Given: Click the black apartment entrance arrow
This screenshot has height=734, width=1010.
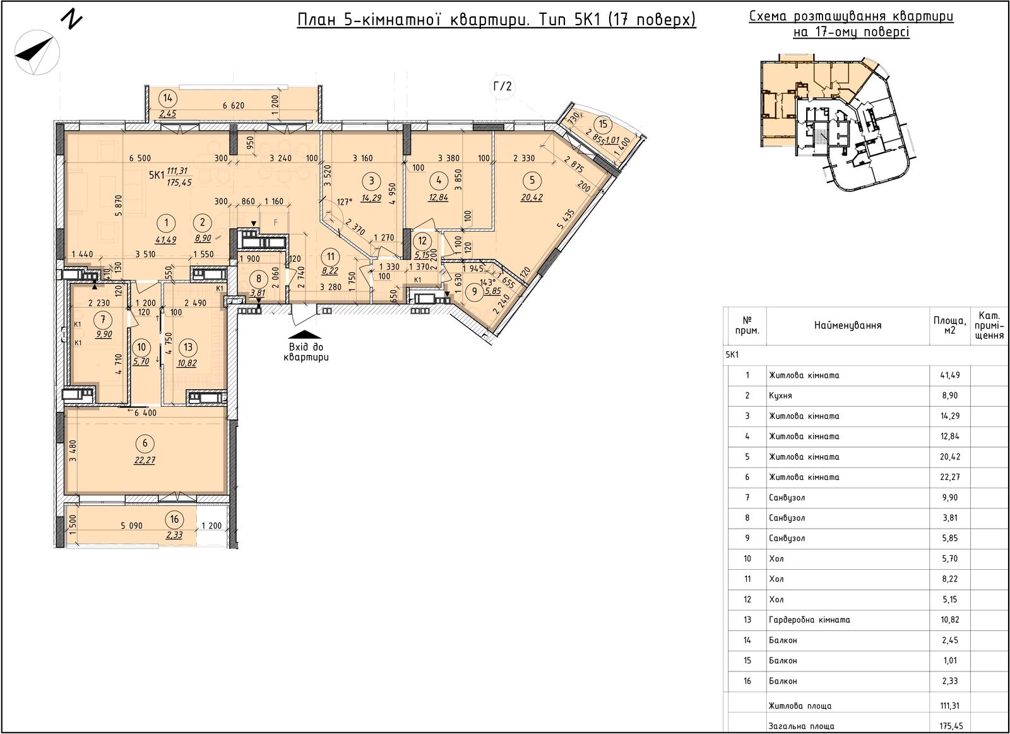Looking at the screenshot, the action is pyautogui.click(x=305, y=334).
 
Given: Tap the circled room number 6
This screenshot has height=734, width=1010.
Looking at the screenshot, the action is pyautogui.click(x=145, y=443).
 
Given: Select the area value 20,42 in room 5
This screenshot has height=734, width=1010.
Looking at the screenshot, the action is pyautogui.click(x=532, y=198).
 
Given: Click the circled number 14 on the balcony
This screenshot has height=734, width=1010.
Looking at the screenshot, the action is pyautogui.click(x=168, y=98).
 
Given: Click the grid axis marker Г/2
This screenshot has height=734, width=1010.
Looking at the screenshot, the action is pyautogui.click(x=502, y=86).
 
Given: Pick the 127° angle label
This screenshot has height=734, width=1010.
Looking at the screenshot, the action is pyautogui.click(x=345, y=202).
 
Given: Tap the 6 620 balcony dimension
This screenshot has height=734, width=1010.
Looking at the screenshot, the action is pyautogui.click(x=234, y=105).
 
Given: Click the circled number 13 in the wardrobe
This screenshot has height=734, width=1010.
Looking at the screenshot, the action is pyautogui.click(x=188, y=347).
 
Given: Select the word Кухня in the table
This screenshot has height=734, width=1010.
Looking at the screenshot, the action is pyautogui.click(x=780, y=395).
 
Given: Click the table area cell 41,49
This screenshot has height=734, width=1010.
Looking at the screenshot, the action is pyautogui.click(x=949, y=375).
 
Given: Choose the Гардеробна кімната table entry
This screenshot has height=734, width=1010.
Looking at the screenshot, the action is pyautogui.click(x=809, y=620).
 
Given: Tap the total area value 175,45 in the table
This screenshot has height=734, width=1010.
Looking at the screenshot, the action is pyautogui.click(x=949, y=726).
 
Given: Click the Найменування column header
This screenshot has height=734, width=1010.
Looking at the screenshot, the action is pyautogui.click(x=848, y=325).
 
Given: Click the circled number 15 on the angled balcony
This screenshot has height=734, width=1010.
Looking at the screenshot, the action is pyautogui.click(x=603, y=124).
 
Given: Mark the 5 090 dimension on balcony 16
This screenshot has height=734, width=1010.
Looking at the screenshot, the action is pyautogui.click(x=132, y=526).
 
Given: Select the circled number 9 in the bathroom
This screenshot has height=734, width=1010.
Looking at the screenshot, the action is pyautogui.click(x=474, y=291).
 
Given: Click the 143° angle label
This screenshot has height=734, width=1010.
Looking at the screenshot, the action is pyautogui.click(x=488, y=282).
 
